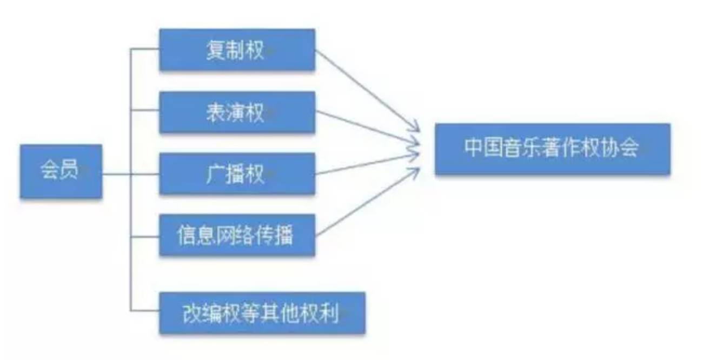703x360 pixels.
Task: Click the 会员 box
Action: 61,171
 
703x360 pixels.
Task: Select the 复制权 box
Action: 237,50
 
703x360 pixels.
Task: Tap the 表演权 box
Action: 237,112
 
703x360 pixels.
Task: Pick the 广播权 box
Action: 237,174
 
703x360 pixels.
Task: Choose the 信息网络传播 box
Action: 237,235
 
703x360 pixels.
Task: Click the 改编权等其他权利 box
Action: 262,313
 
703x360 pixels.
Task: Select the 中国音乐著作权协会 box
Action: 552,149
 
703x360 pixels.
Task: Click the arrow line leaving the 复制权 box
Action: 368,91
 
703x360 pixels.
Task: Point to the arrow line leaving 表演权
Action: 368,129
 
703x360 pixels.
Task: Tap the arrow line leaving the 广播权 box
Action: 368,164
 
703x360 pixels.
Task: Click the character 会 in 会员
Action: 50,171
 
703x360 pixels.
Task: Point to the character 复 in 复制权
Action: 215,50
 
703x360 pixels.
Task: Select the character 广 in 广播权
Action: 215,174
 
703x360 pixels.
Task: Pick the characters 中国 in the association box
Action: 483,149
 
